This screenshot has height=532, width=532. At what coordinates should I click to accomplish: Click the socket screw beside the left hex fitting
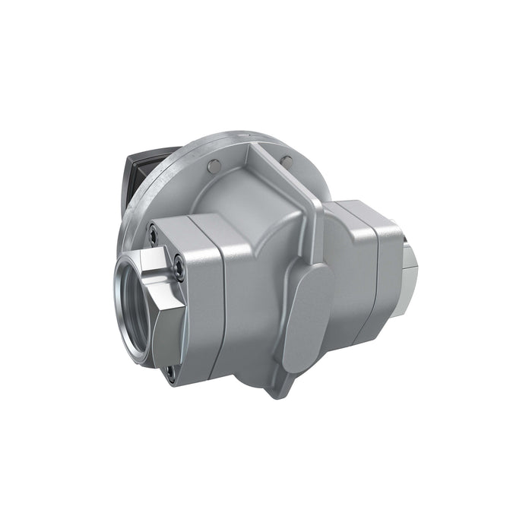coord(178,265)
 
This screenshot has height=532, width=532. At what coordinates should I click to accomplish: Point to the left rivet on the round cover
coord(216,166)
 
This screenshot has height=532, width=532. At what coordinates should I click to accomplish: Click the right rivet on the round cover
coord(287,160)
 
